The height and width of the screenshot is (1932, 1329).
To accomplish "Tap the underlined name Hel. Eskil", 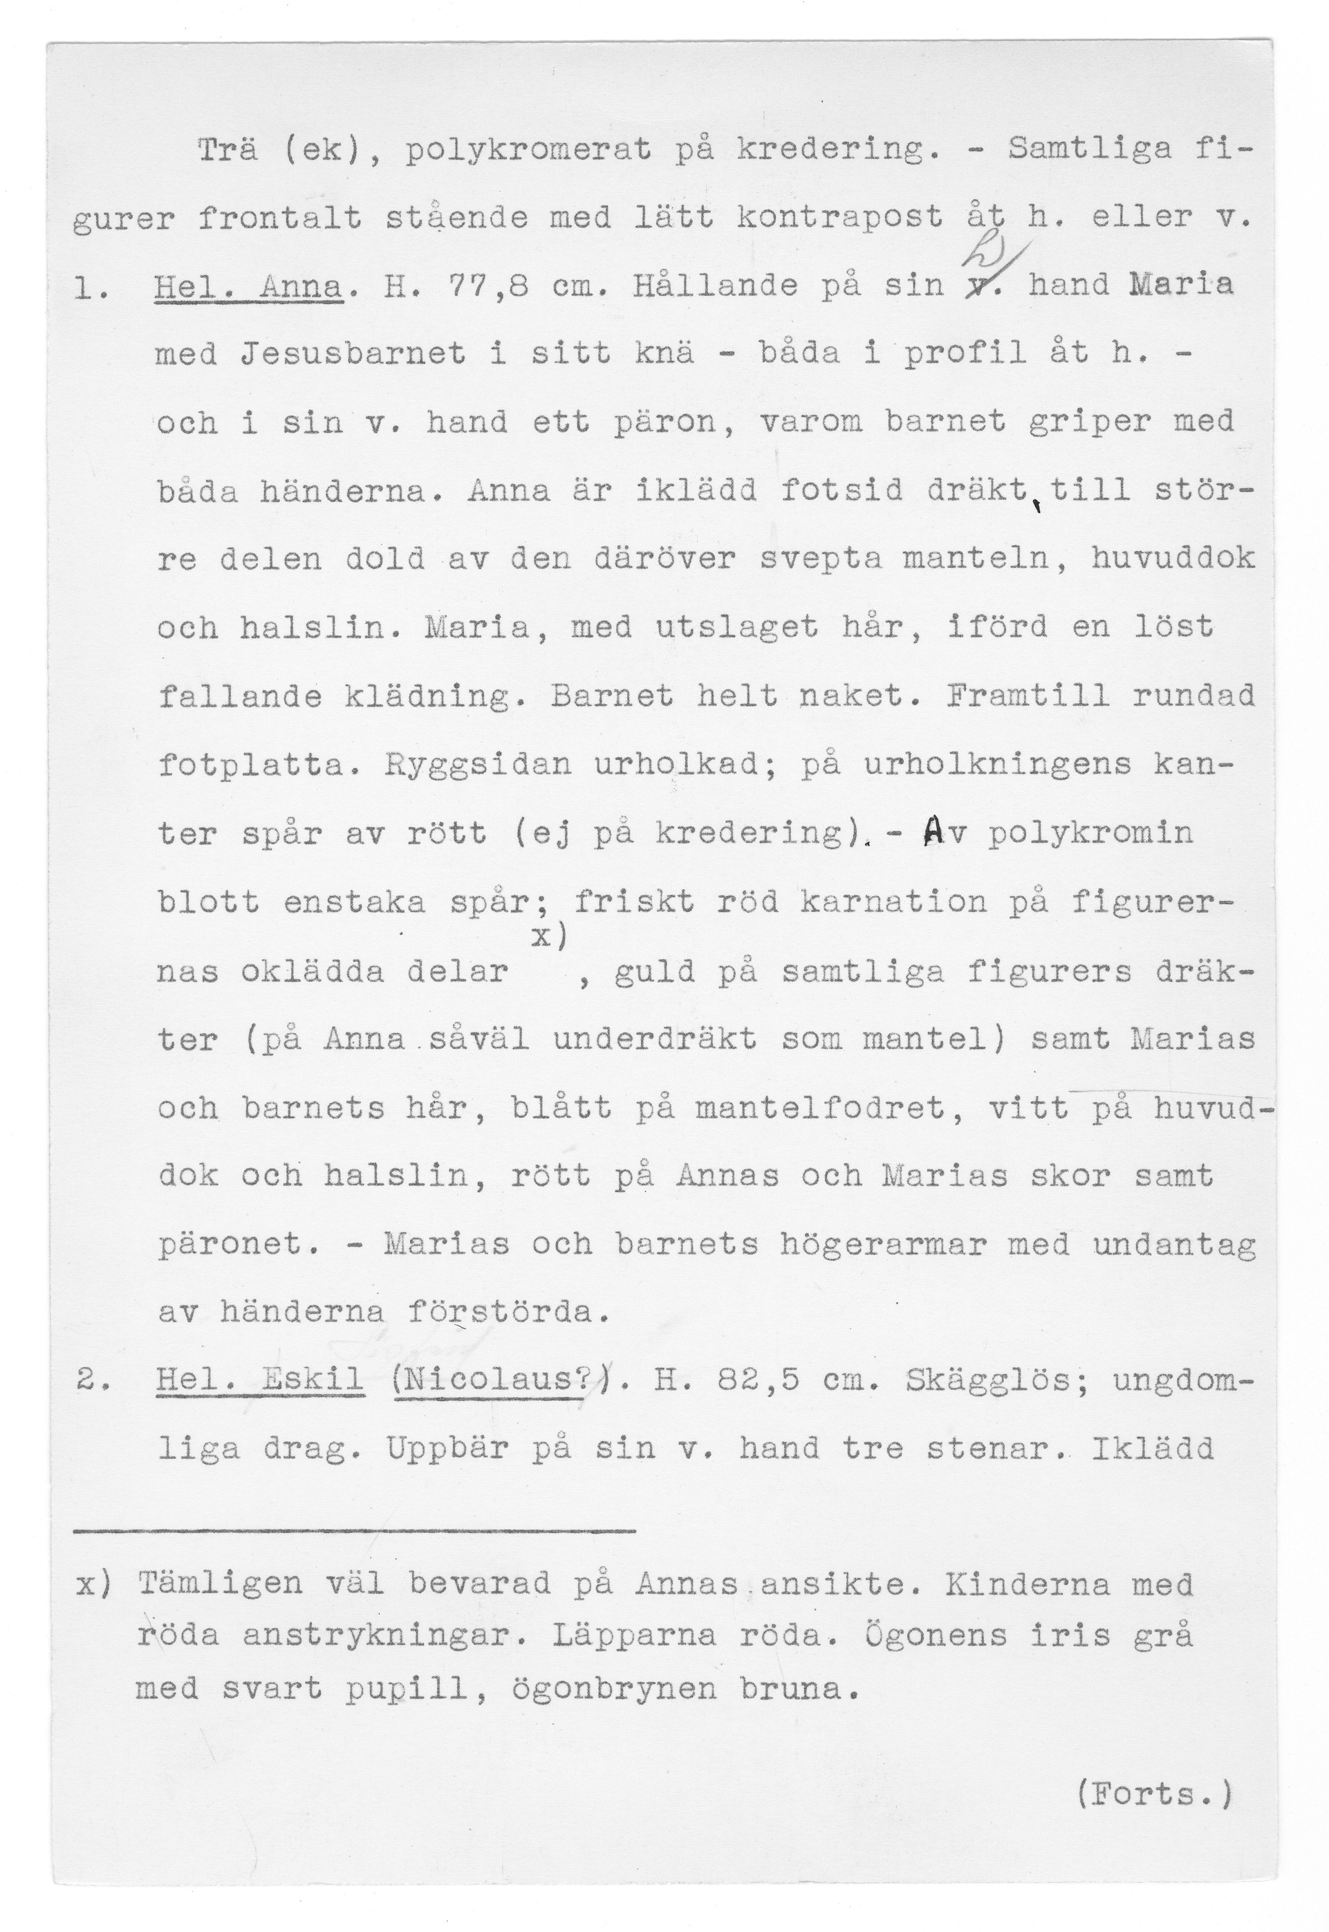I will click(x=260, y=1381).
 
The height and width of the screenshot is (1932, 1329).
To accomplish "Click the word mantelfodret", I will click(x=820, y=1108).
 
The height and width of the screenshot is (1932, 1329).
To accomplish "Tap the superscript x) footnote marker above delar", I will click(x=550, y=938).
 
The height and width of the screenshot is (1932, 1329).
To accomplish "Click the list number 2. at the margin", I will click(x=89, y=1381).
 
